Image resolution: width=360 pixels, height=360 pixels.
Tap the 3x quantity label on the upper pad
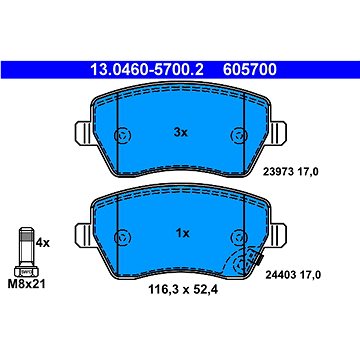click(x=180, y=132)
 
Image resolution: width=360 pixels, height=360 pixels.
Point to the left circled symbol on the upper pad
click(x=122, y=134)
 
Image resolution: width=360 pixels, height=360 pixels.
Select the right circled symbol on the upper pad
click(x=238, y=134)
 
